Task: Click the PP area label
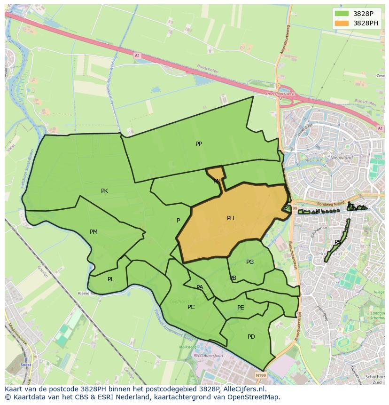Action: pos(199,144)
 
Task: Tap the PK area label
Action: pos(104,191)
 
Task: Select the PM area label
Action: pos(93,232)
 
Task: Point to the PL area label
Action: pos(110,279)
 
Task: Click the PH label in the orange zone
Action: pos(230,218)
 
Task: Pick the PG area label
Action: pos(250,262)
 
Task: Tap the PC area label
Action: pos(191,307)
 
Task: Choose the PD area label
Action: pos(251,337)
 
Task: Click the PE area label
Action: pos(241,308)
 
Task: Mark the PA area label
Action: pos(200,287)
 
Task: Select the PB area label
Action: pos(233,278)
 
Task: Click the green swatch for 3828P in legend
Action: pos(342,14)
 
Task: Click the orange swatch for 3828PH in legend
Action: pos(342,23)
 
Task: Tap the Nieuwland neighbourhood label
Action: pos(342,158)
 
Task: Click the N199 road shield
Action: pos(261,375)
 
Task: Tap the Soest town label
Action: pos(27,365)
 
